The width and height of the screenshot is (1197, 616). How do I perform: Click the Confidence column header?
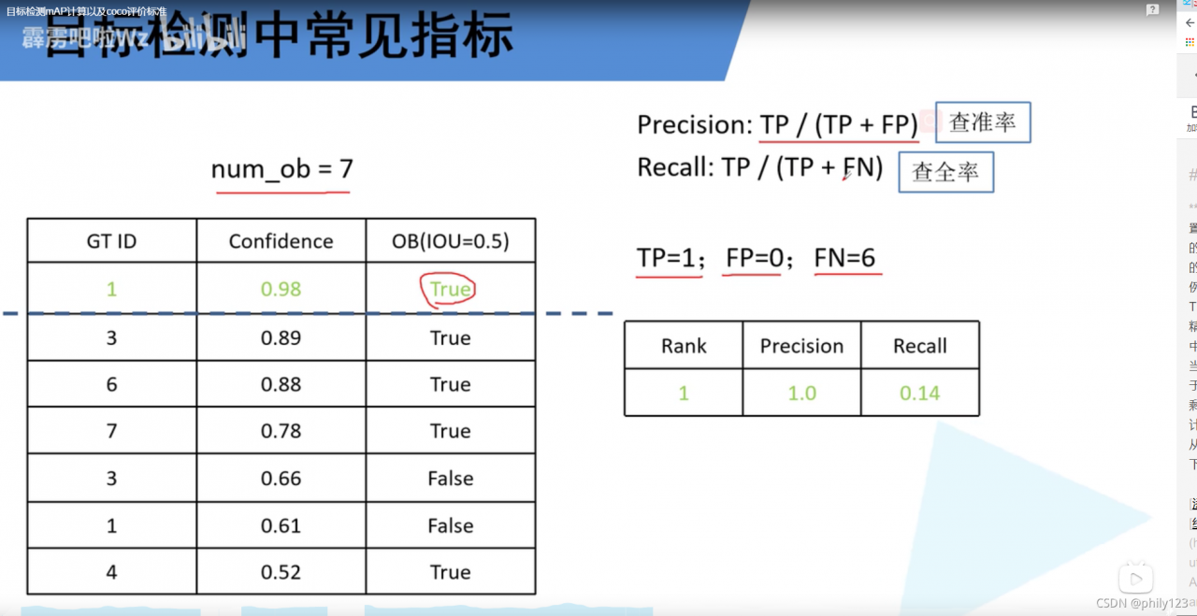281,241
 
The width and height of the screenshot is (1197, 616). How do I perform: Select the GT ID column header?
111,241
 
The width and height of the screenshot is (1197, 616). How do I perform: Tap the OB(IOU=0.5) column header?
450,241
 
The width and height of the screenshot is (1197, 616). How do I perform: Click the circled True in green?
450,289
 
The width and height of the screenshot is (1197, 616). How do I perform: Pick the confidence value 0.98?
281,289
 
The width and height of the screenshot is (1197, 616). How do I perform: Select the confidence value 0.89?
281,337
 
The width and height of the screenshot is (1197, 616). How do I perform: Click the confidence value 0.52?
281,572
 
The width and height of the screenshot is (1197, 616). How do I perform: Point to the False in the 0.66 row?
450,479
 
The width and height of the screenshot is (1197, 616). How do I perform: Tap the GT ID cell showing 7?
111,431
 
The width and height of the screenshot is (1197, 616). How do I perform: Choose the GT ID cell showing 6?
111,384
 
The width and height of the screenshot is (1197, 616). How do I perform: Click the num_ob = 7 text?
281,169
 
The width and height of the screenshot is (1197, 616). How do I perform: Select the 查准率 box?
983,122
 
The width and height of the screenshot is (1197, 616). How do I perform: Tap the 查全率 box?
945,173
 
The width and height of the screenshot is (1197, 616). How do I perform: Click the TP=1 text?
671,257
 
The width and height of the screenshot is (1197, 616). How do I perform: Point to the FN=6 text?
844,257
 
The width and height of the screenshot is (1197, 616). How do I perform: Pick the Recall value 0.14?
919,393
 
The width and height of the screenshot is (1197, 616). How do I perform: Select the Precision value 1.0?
801,393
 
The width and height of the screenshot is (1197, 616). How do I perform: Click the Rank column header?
684,346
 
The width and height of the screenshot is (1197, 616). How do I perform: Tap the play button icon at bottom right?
1136,579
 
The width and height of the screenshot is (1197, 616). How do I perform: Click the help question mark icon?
1152,10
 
